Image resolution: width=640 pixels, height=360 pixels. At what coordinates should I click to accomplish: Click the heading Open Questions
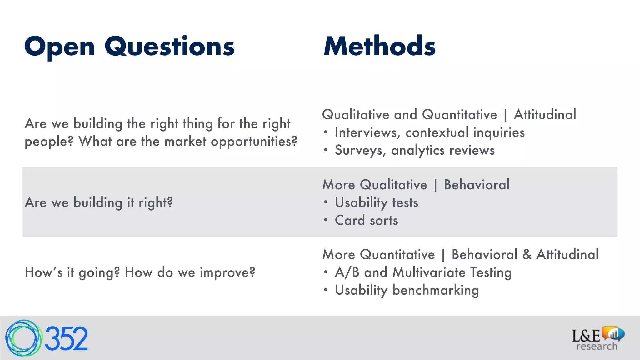[x=129, y=47]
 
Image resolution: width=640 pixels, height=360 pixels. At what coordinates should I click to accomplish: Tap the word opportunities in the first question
[x=254, y=142]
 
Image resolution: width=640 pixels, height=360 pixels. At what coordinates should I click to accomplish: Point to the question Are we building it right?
[x=99, y=203]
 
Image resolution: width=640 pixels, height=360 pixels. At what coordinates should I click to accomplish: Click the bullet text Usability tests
[x=376, y=203]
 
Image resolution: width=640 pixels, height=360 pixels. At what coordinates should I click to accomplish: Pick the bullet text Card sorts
[x=366, y=221]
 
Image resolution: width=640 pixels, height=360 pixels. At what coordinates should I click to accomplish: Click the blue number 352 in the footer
[x=66, y=339]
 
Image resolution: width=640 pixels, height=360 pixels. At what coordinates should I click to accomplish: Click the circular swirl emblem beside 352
[x=23, y=338]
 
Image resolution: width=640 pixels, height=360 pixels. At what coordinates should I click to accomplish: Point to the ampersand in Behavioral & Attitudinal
[x=527, y=255]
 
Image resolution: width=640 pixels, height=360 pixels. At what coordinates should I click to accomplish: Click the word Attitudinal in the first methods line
[x=545, y=115]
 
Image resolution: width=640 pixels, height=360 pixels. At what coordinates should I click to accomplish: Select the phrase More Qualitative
[x=374, y=185]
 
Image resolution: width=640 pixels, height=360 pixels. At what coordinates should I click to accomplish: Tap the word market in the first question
[x=185, y=142]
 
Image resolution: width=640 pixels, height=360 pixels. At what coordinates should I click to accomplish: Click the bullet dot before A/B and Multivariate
[x=326, y=272]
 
